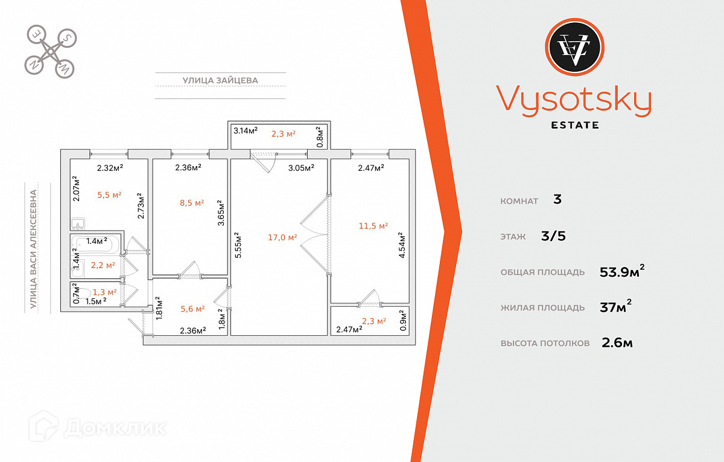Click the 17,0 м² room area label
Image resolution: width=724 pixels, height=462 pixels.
click(x=282, y=237)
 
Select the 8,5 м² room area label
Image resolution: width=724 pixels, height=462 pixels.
click(x=191, y=203)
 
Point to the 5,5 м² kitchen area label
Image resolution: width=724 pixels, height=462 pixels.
click(x=109, y=195)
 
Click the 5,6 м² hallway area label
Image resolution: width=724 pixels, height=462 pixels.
click(x=192, y=308)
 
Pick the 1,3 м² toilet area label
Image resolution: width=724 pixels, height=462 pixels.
click(x=104, y=292)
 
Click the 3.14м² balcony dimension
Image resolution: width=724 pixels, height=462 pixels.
click(x=246, y=130)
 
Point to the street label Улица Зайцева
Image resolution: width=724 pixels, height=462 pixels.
click(x=220, y=80)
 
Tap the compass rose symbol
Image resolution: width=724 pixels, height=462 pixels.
click(x=50, y=51)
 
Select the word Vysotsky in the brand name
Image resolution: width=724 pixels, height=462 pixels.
click(x=574, y=100)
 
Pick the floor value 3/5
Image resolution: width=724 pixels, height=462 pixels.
click(x=553, y=236)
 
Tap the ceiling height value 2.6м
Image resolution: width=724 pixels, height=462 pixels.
click(x=617, y=343)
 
